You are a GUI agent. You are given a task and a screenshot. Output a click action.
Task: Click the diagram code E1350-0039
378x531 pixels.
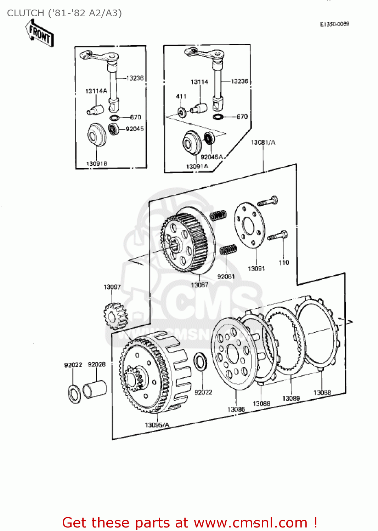pyautogui.click(x=334, y=24)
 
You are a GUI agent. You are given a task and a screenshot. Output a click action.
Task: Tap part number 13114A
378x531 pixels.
pyautogui.click(x=96, y=91)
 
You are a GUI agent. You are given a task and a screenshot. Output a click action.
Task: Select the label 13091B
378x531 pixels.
pyautogui.click(x=97, y=164)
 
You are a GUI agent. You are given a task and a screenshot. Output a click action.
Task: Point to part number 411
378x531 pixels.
pyautogui.click(x=181, y=96)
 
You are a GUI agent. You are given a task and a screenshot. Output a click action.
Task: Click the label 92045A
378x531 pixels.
pyautogui.click(x=211, y=157)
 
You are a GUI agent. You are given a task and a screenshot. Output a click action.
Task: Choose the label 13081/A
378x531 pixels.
pyautogui.click(x=263, y=142)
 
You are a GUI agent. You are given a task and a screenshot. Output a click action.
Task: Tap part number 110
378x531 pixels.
pyautogui.click(x=284, y=262)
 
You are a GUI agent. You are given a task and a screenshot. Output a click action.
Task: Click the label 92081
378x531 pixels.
pyautogui.click(x=226, y=276)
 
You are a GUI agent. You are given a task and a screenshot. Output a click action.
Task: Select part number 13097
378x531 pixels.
pyautogui.click(x=112, y=287)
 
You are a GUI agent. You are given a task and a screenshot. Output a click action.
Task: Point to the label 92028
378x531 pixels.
pyautogui.click(x=96, y=365)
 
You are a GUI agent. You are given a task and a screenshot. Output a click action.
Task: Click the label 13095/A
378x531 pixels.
pyautogui.click(x=157, y=425)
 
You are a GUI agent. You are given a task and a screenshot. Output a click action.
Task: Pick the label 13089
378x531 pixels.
pyautogui.click(x=291, y=398)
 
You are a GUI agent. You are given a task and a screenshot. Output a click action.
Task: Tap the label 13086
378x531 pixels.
pyautogui.click(x=236, y=409)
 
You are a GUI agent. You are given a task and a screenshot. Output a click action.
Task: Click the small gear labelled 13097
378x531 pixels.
pyautogui.click(x=115, y=316)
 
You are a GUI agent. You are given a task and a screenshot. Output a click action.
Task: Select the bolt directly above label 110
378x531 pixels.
pyautogui.click(x=278, y=235)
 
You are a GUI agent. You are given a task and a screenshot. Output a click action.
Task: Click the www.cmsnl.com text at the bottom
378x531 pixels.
pyautogui.click(x=250, y=523)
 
